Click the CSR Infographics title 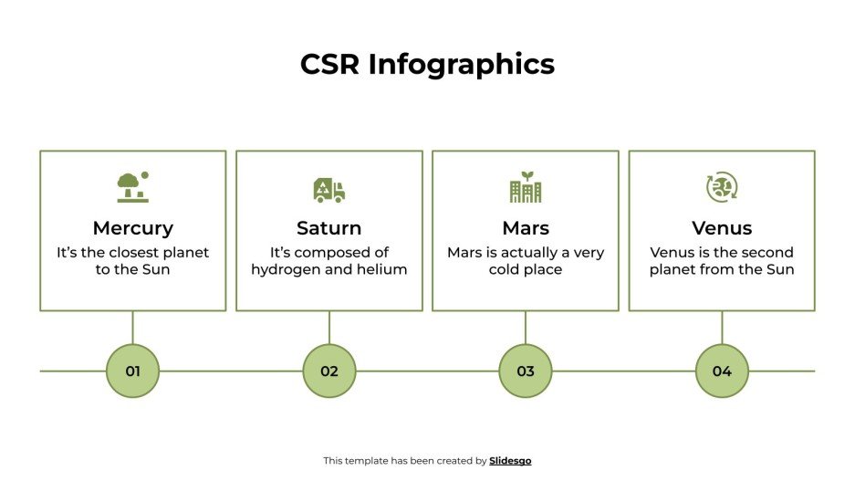click(427, 64)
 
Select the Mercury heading click(132, 228)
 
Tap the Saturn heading click(328, 228)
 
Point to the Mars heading click(525, 228)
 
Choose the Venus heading click(722, 228)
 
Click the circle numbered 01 click(133, 371)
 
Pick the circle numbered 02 click(329, 371)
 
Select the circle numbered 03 click(526, 371)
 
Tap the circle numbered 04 click(722, 371)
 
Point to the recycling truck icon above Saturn click(328, 190)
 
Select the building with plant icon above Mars click(525, 187)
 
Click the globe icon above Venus click(722, 188)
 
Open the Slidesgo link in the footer click(510, 461)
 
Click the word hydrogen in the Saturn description click(284, 270)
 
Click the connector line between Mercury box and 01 click(133, 327)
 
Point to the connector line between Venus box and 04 click(722, 327)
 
